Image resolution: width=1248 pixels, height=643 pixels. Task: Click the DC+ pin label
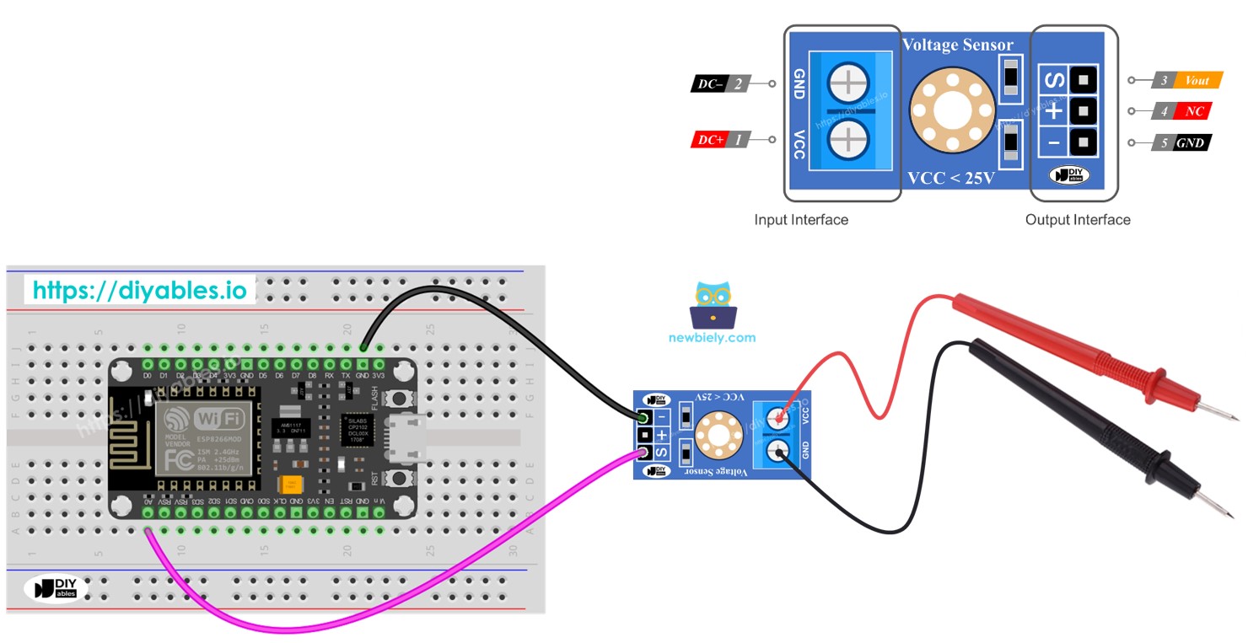(x=708, y=140)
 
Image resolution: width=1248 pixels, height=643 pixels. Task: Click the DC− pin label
(x=708, y=83)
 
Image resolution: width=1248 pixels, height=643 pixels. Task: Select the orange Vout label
(x=1197, y=81)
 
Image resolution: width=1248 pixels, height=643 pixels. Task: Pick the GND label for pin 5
(x=1190, y=142)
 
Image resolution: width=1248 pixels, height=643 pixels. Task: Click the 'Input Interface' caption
(x=800, y=220)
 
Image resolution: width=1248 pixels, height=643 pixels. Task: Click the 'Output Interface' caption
(x=1077, y=220)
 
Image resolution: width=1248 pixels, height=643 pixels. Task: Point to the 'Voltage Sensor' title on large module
(x=957, y=46)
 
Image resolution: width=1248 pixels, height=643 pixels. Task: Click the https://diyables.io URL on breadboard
(x=140, y=291)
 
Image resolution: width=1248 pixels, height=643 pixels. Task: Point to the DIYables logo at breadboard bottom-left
(x=55, y=588)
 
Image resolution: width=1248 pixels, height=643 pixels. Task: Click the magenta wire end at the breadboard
(x=148, y=532)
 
